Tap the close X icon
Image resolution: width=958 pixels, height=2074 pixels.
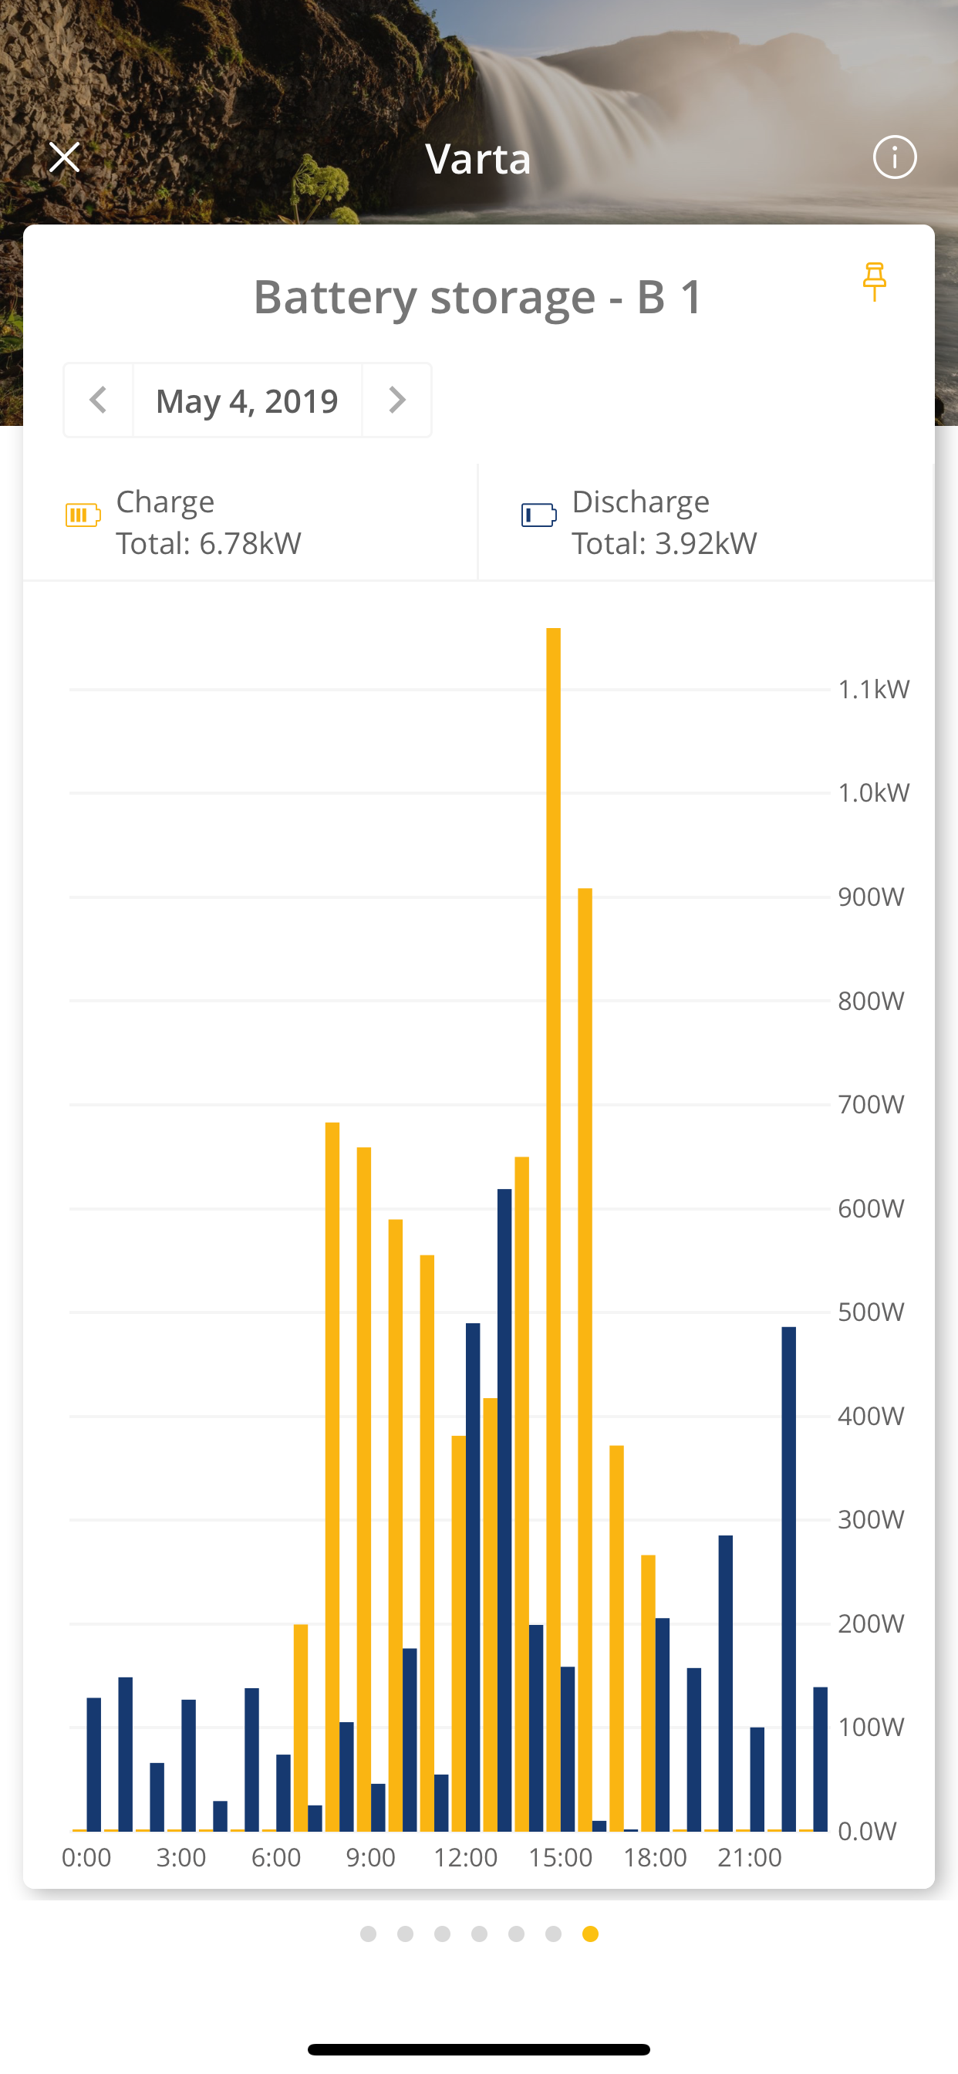coord(64,157)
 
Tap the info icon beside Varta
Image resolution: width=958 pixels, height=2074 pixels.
coord(895,157)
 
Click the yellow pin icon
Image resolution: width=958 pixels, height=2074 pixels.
coord(874,282)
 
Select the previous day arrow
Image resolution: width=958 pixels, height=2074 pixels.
coord(98,400)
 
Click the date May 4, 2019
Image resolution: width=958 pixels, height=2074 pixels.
coord(247,400)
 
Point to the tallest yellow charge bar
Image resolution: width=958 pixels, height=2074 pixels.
coord(553,1208)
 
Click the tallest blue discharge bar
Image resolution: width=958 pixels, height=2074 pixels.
coord(504,1505)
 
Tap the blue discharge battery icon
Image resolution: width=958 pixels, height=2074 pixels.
coord(538,515)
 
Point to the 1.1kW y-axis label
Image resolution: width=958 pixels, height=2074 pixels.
coord(873,689)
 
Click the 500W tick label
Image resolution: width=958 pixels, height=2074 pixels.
coord(871,1312)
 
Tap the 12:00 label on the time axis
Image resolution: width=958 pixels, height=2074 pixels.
coord(465,1857)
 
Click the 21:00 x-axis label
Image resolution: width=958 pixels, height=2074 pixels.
coord(750,1857)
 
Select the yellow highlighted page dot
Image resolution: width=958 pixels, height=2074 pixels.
coord(590,1934)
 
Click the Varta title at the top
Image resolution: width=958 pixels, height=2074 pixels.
coord(478,159)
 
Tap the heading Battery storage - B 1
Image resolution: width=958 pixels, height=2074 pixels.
coord(478,296)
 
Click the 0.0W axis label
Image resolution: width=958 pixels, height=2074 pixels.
coord(867,1831)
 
